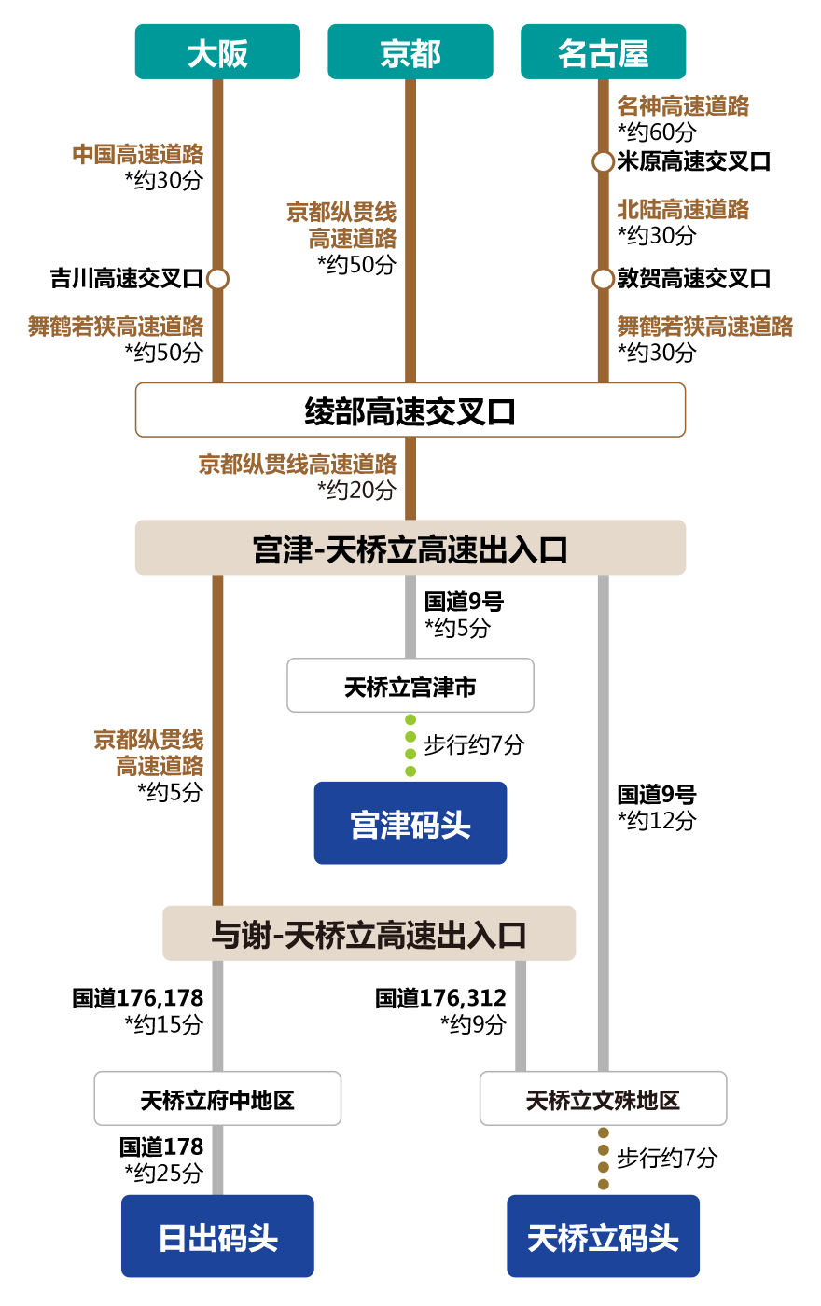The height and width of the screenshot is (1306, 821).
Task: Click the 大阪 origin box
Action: click(x=217, y=52)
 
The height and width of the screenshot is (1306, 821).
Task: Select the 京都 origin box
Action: click(x=410, y=52)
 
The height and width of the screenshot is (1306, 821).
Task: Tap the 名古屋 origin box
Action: click(x=604, y=52)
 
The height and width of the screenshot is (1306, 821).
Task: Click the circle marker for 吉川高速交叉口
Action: click(x=217, y=278)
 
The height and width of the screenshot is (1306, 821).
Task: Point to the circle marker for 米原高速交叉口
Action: click(x=603, y=161)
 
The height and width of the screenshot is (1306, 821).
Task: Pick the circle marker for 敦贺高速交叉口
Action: click(x=603, y=278)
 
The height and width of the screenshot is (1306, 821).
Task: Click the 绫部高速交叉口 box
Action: click(x=410, y=410)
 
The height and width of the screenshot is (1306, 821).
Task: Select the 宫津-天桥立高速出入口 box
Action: click(x=410, y=549)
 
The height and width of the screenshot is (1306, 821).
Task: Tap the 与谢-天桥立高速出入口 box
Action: click(x=369, y=934)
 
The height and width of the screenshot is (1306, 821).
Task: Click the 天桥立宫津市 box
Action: click(x=410, y=687)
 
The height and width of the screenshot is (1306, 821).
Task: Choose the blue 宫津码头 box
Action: click(x=410, y=824)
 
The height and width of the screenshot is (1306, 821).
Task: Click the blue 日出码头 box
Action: click(x=217, y=1237)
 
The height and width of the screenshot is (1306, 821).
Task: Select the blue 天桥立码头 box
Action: click(x=604, y=1237)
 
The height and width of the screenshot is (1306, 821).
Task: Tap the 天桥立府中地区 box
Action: click(x=217, y=1100)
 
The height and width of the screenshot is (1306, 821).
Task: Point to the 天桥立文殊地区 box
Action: click(x=604, y=1100)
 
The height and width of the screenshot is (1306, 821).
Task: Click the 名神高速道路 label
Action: click(x=683, y=106)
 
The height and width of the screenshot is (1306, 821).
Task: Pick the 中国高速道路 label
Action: click(x=138, y=154)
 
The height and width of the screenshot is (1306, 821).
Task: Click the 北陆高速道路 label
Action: click(x=683, y=209)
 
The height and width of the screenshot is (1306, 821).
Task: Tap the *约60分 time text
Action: click(x=657, y=132)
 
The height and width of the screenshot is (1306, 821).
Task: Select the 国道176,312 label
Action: click(x=441, y=998)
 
